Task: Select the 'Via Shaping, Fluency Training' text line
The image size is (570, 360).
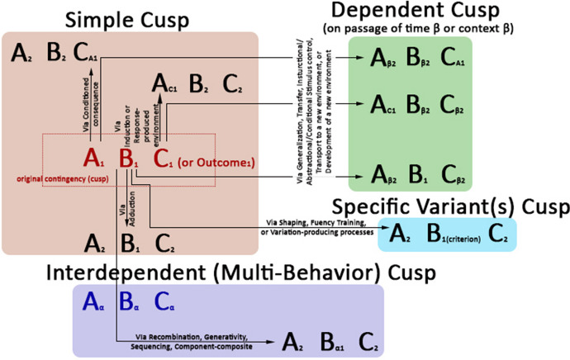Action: [318, 222]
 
